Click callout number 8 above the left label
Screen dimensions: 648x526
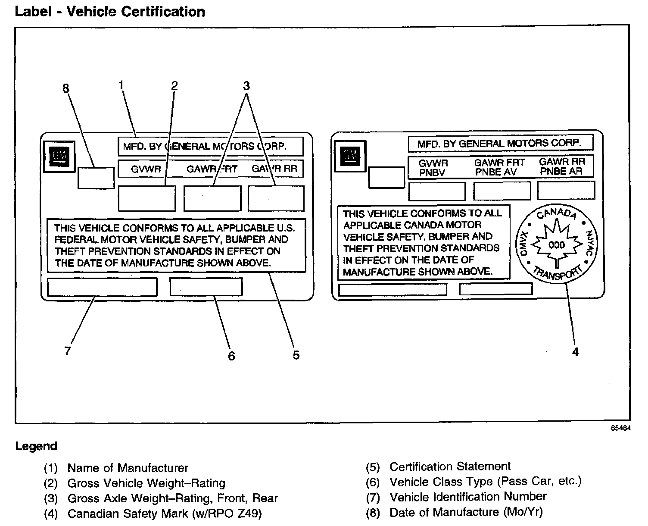pyautogui.click(x=66, y=88)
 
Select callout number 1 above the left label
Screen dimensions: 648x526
pyautogui.click(x=121, y=85)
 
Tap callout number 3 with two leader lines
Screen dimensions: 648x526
pyautogui.click(x=246, y=86)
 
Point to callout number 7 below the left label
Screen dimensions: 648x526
pyautogui.click(x=68, y=351)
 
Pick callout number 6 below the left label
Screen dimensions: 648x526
pyautogui.click(x=231, y=356)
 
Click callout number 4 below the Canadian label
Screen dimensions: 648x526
pyautogui.click(x=575, y=352)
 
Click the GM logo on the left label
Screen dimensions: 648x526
pyautogui.click(x=59, y=157)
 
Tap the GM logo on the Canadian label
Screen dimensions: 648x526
pyautogui.click(x=350, y=156)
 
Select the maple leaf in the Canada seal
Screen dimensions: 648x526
pyautogui.click(x=557, y=244)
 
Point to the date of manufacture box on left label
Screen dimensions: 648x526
pyautogui.click(x=96, y=178)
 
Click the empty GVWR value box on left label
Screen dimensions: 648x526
pyautogui.click(x=147, y=198)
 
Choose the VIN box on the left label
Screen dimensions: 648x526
pyautogui.click(x=102, y=287)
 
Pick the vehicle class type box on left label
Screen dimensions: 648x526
pyautogui.click(x=206, y=286)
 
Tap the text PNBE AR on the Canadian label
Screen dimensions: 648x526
pyautogui.click(x=561, y=171)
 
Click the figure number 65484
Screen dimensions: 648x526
pyautogui.click(x=621, y=428)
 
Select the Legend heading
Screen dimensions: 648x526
pyautogui.click(x=36, y=446)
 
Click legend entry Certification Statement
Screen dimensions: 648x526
pyautogui.click(x=450, y=467)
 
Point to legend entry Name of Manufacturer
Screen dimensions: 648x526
pyautogui.click(x=128, y=468)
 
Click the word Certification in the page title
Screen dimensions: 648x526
pyautogui.click(x=163, y=12)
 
